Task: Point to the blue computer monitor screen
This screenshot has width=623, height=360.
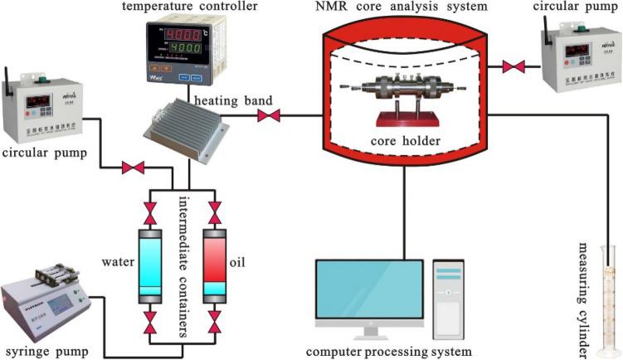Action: pyautogui.click(x=369, y=292)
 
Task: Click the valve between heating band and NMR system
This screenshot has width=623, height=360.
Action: pyautogui.click(x=269, y=116)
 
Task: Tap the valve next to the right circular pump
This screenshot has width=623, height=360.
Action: pyautogui.click(x=517, y=65)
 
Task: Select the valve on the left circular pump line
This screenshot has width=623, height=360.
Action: pyautogui.click(x=132, y=168)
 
